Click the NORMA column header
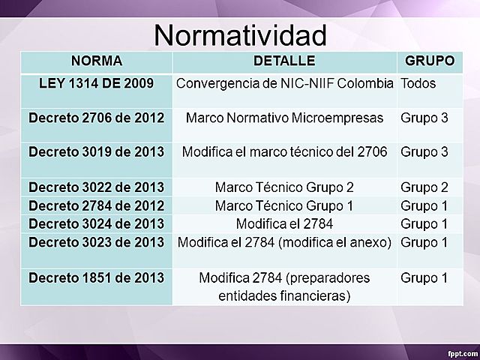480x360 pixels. pyautogui.click(x=97, y=60)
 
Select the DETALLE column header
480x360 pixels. pyautogui.click(x=284, y=60)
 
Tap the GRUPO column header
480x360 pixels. pyautogui.click(x=429, y=60)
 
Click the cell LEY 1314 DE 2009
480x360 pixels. pyautogui.click(x=97, y=82)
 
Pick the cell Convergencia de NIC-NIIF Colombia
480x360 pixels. pyautogui.click(x=284, y=82)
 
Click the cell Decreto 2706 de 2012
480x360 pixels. pyautogui.click(x=97, y=117)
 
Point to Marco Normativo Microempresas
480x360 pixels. pyautogui.click(x=284, y=117)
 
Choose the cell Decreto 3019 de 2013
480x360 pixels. pyautogui.click(x=97, y=151)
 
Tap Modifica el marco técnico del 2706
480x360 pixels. pyautogui.click(x=284, y=151)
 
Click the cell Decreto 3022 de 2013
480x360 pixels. pyautogui.click(x=97, y=186)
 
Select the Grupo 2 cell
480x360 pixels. pyautogui.click(x=424, y=186)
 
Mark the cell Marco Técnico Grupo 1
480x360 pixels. pyautogui.click(x=284, y=205)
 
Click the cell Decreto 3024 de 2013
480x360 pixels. pyautogui.click(x=97, y=223)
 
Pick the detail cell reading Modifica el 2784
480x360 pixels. pyautogui.click(x=284, y=223)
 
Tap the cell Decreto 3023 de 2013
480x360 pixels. pyautogui.click(x=97, y=241)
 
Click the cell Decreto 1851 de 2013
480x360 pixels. pyautogui.click(x=97, y=277)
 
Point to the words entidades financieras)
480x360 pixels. pyautogui.click(x=284, y=295)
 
